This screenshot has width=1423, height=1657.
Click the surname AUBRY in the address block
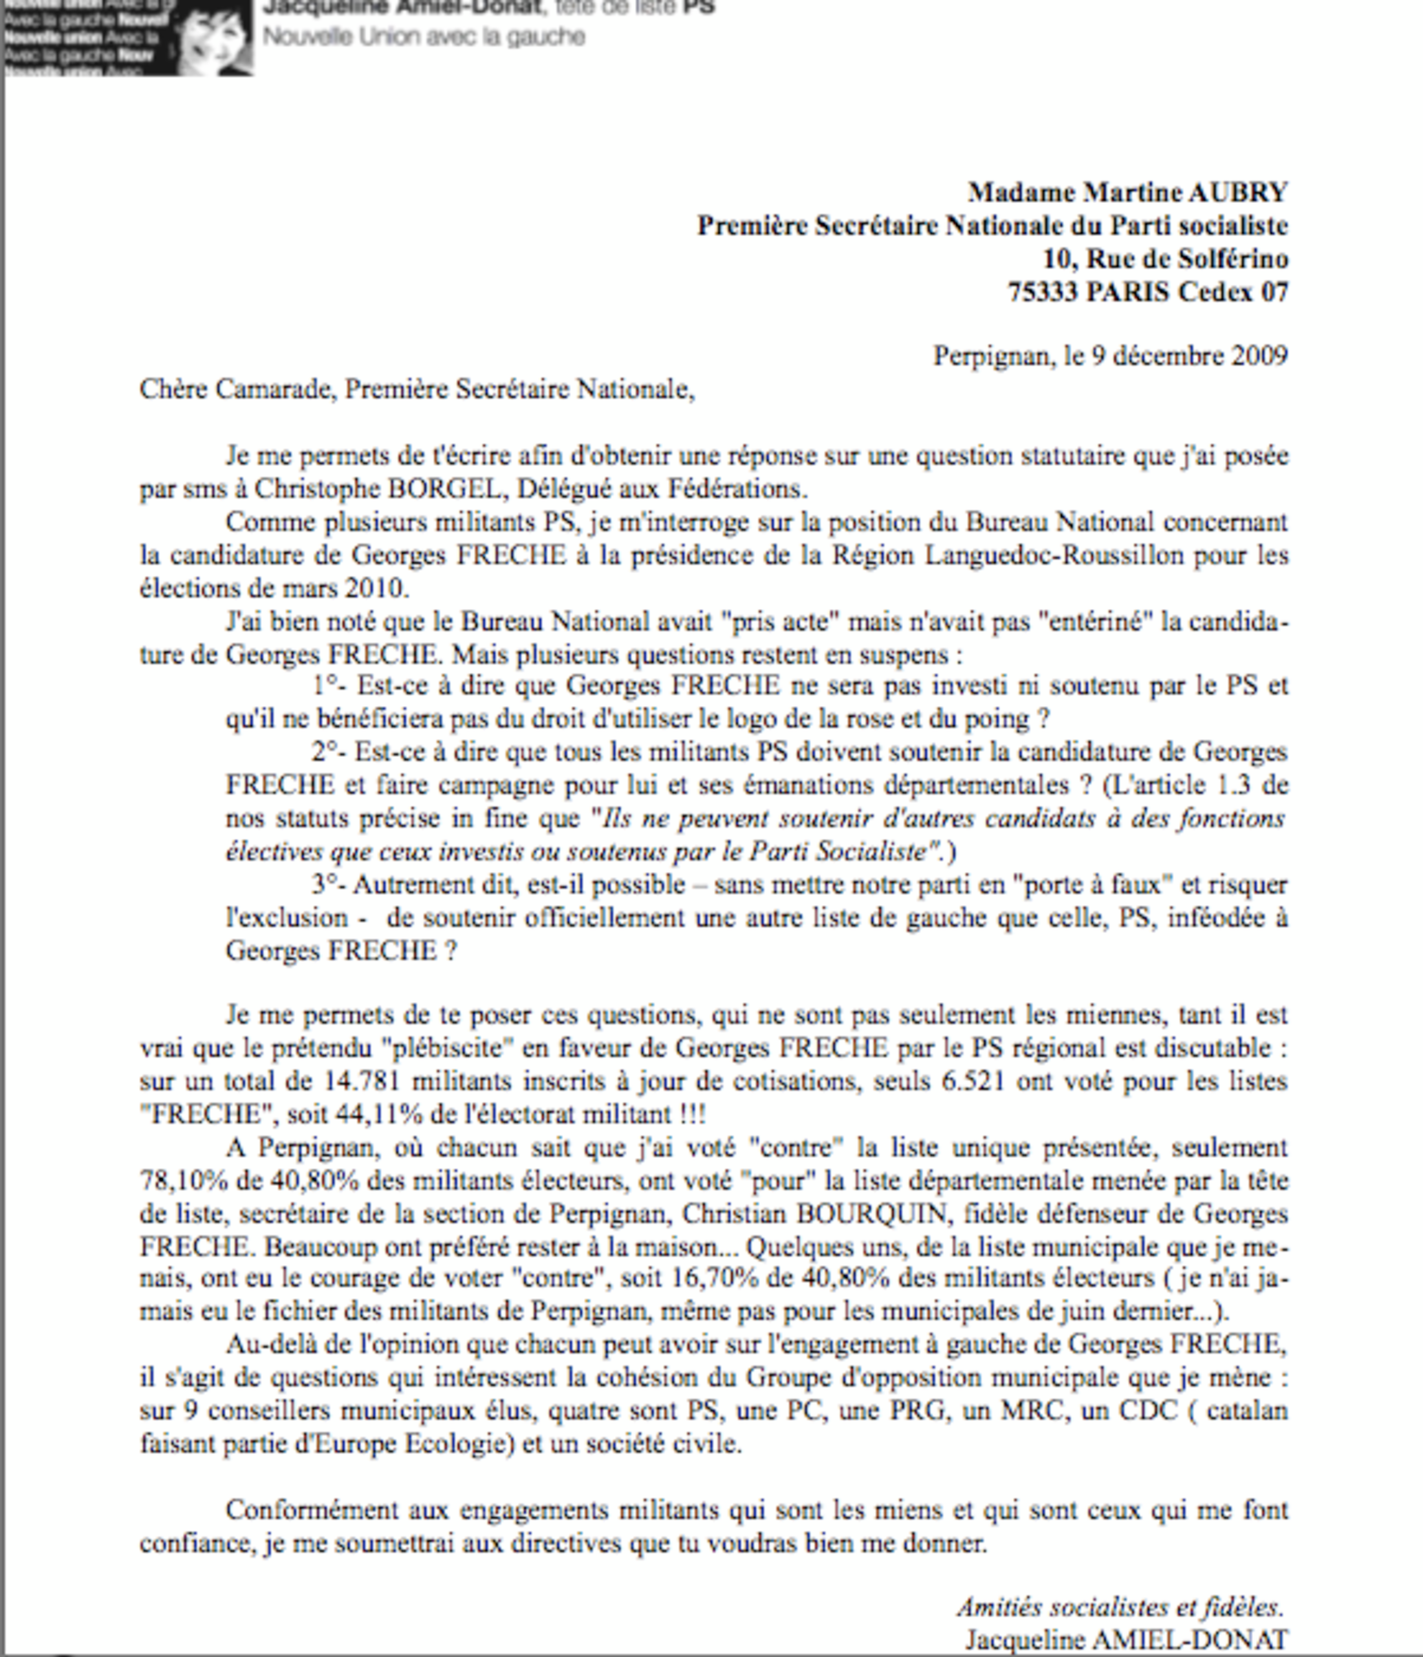click(x=1237, y=193)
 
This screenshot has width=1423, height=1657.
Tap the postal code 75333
click(x=1042, y=292)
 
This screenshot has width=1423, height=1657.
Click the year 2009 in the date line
click(x=1259, y=356)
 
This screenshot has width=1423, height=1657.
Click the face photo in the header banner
click(x=213, y=38)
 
